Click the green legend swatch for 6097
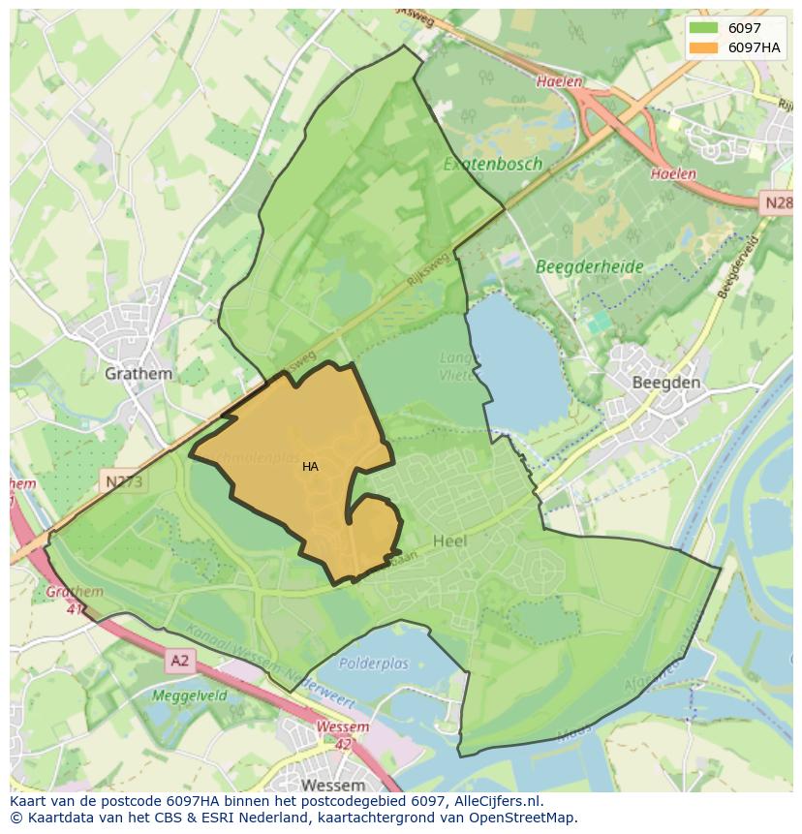(x=704, y=29)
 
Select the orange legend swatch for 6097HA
(x=704, y=47)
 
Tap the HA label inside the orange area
(x=310, y=467)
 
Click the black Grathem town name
(x=139, y=373)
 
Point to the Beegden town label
(x=665, y=383)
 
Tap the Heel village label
(x=449, y=541)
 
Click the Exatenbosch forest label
(x=492, y=164)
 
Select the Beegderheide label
(x=589, y=265)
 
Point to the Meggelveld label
(x=189, y=695)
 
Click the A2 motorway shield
(x=180, y=662)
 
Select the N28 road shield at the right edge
(x=777, y=203)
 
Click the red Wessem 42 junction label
(x=342, y=735)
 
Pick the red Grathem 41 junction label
(x=74, y=601)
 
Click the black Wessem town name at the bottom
(x=332, y=785)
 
